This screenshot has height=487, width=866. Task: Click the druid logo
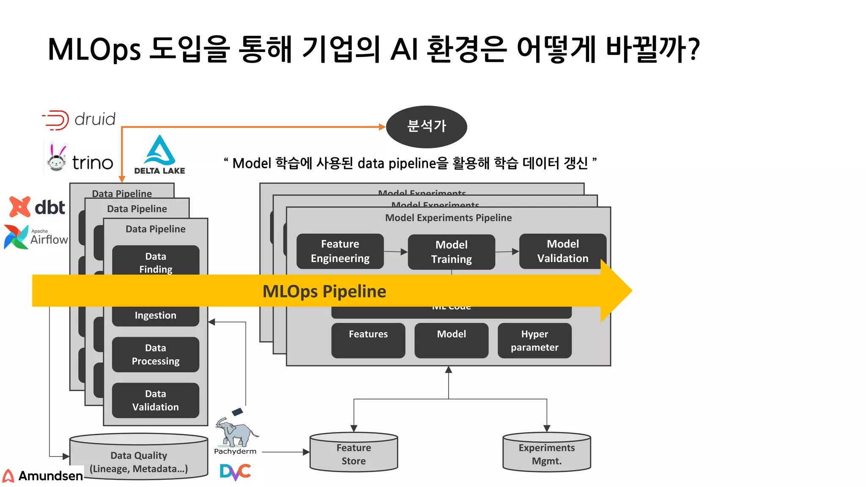tap(79, 120)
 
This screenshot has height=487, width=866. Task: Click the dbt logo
tap(37, 207)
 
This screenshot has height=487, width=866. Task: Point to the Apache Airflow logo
tap(36, 237)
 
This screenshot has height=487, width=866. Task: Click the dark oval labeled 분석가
tap(426, 126)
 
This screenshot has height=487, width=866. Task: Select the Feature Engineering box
tap(340, 251)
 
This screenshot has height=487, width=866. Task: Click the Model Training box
tap(451, 252)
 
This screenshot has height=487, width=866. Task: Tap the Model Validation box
tap(562, 251)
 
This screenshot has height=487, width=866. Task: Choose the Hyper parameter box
tap(534, 341)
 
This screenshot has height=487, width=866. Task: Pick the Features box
tap(368, 341)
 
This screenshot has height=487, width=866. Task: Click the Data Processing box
tap(156, 354)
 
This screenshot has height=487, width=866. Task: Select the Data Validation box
tap(156, 400)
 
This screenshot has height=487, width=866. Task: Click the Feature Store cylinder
tap(354, 453)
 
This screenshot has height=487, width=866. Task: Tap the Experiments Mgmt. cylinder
tap(546, 453)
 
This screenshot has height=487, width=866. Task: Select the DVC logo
tap(235, 472)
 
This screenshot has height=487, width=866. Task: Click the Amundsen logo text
tap(50, 476)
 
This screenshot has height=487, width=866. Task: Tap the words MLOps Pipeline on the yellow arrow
tap(324, 291)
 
